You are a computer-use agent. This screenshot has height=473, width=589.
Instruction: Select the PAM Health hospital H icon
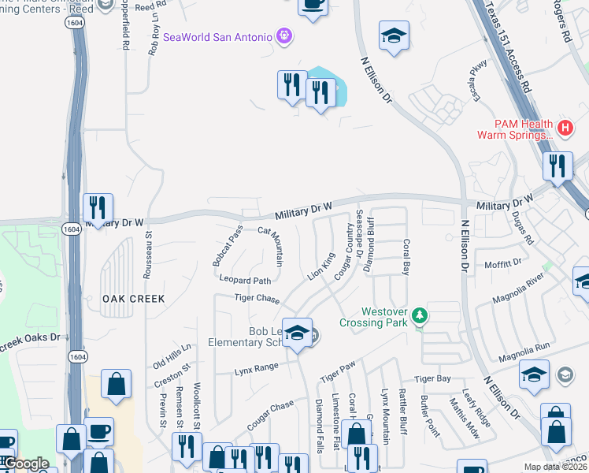564,127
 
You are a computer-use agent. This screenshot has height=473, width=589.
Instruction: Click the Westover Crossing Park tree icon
420,316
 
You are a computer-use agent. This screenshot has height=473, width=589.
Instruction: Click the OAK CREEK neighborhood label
133,299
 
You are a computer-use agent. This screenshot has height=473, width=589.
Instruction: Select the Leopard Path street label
245,281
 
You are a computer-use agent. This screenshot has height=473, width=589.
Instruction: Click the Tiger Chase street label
257,298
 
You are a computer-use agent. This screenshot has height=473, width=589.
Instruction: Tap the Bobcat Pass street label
228,245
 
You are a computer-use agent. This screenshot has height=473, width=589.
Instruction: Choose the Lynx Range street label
257,367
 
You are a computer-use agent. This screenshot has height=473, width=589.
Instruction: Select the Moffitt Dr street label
503,263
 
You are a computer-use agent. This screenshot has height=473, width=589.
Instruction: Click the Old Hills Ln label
172,355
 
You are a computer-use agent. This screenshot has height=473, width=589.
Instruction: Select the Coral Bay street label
406,257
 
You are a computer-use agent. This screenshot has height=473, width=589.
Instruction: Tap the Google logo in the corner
27,464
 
